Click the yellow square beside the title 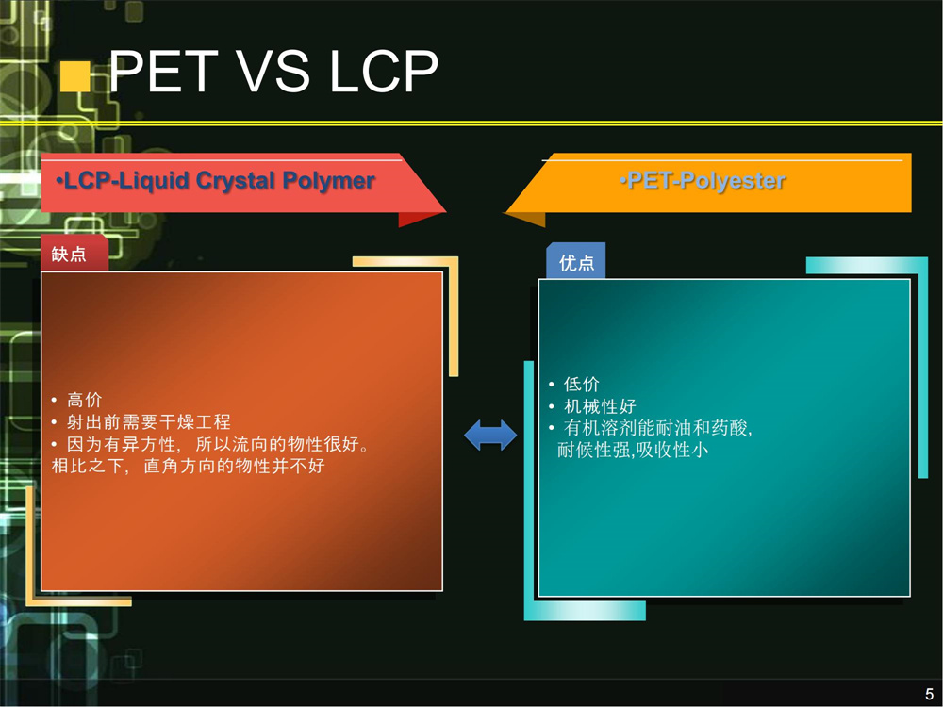(x=75, y=76)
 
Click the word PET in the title (x=163, y=71)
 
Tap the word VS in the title (x=273, y=71)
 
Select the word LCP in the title (x=384, y=71)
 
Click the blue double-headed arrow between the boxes (x=490, y=435)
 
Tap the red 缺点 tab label (x=69, y=254)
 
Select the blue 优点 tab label (x=577, y=262)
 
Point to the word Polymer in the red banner (x=329, y=180)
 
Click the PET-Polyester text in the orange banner (x=703, y=180)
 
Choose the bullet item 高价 (x=84, y=400)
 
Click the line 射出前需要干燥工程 (x=149, y=422)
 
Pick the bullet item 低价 (x=582, y=385)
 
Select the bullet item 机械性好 (x=600, y=406)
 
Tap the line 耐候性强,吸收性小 (x=633, y=450)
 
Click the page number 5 (x=929, y=693)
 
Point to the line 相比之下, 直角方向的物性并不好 (x=189, y=466)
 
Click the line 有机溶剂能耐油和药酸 (x=658, y=428)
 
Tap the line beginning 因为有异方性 (x=218, y=444)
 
